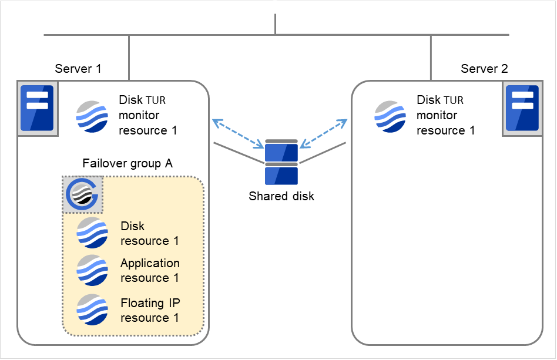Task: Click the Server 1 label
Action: pyautogui.click(x=78, y=69)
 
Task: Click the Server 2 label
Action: pyautogui.click(x=484, y=69)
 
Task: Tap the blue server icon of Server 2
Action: pyautogui.click(x=522, y=109)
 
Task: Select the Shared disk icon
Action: pyautogui.click(x=281, y=163)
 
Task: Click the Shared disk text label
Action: pyautogui.click(x=281, y=196)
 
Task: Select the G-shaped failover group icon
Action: pyautogui.click(x=83, y=194)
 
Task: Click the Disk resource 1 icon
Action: pyautogui.click(x=92, y=233)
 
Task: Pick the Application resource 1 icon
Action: pyautogui.click(x=92, y=270)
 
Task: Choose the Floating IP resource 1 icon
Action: pyautogui.click(x=92, y=309)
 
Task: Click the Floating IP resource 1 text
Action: pyautogui.click(x=150, y=311)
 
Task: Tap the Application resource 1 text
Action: pyautogui.click(x=150, y=271)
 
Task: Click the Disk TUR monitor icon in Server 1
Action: pyautogui.click(x=92, y=116)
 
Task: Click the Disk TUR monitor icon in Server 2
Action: pyautogui.click(x=390, y=116)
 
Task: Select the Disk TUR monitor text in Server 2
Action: pyautogui.click(x=445, y=116)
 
